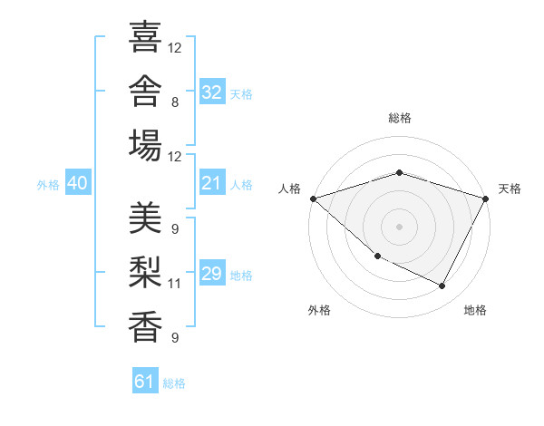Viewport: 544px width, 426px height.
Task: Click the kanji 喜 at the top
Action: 145,36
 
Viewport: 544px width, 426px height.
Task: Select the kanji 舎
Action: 145,91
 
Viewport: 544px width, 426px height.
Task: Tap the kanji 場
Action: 145,145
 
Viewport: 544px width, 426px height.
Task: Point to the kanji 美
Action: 145,218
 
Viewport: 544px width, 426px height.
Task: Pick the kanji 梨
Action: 145,272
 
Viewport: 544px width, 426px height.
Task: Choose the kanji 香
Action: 145,327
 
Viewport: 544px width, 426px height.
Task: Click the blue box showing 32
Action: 212,92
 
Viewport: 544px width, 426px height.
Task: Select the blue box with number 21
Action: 212,182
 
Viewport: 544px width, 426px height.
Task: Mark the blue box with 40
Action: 78,182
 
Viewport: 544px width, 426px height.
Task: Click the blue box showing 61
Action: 145,380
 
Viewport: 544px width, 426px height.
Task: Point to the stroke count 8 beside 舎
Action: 175,102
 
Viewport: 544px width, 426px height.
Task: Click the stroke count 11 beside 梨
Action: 174,284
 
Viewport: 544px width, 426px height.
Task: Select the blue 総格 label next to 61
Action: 174,383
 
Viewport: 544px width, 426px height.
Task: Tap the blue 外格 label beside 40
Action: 48,185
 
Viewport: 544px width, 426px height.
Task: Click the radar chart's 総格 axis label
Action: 400,118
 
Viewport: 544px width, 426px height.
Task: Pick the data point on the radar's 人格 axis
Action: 314,198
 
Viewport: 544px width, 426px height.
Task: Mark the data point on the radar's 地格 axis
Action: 442,286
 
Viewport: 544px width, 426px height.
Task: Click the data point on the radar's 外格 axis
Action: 378,257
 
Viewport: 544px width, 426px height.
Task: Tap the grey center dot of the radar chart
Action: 399,227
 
